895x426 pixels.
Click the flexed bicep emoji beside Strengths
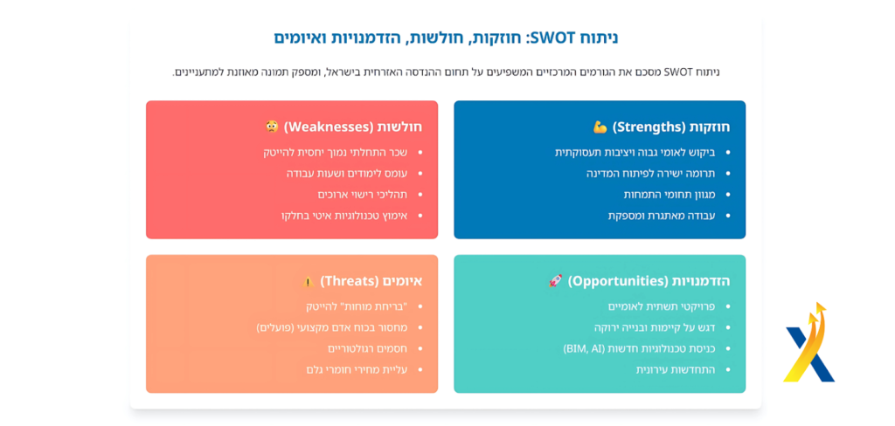pyautogui.click(x=600, y=127)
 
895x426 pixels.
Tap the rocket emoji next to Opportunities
pyautogui.click(x=555, y=280)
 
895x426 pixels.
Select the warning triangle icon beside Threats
pyautogui.click(x=309, y=281)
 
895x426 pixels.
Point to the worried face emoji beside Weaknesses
pyautogui.click(x=273, y=127)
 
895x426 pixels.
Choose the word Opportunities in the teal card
pyautogui.click(x=618, y=281)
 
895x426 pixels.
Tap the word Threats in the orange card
pyautogui.click(x=350, y=281)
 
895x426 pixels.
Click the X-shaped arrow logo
pyautogui.click(x=808, y=342)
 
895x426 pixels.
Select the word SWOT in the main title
pyautogui.click(x=552, y=38)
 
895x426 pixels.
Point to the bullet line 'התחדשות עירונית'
pyautogui.click(x=676, y=369)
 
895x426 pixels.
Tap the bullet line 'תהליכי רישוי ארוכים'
pyautogui.click(x=363, y=195)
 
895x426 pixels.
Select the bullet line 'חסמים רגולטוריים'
pyautogui.click(x=368, y=348)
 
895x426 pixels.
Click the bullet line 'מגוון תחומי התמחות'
pyautogui.click(x=669, y=195)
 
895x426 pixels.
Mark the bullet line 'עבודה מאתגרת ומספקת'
pyautogui.click(x=662, y=216)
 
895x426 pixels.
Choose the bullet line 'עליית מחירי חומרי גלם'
pyautogui.click(x=357, y=369)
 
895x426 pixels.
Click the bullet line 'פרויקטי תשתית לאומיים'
pyautogui.click(x=662, y=306)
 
